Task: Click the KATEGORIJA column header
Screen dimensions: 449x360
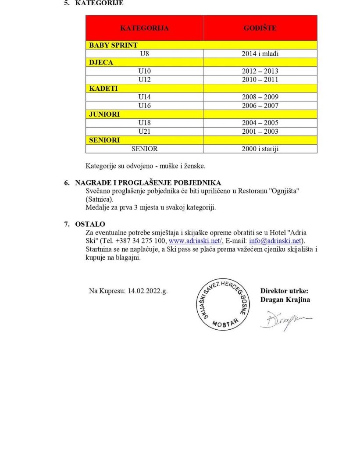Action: [x=144, y=28]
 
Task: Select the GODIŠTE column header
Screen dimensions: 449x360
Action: [x=260, y=28]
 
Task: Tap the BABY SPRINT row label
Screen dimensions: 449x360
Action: [x=114, y=45]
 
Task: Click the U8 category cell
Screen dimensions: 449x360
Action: [x=144, y=54]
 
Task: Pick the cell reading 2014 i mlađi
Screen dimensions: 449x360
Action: [x=260, y=54]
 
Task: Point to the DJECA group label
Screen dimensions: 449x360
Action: [x=101, y=62]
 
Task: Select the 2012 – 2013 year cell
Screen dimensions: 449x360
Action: [x=260, y=71]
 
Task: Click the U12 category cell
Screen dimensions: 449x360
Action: [x=144, y=80]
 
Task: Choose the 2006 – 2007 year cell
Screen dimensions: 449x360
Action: [x=260, y=106]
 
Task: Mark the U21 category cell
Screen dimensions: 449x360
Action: [x=144, y=132]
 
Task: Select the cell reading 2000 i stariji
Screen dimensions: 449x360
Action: [x=260, y=149]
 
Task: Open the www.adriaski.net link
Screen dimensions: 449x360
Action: [x=196, y=241]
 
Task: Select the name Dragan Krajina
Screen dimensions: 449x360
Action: [x=285, y=300]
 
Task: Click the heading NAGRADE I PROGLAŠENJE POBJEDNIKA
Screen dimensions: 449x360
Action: [x=148, y=182]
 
